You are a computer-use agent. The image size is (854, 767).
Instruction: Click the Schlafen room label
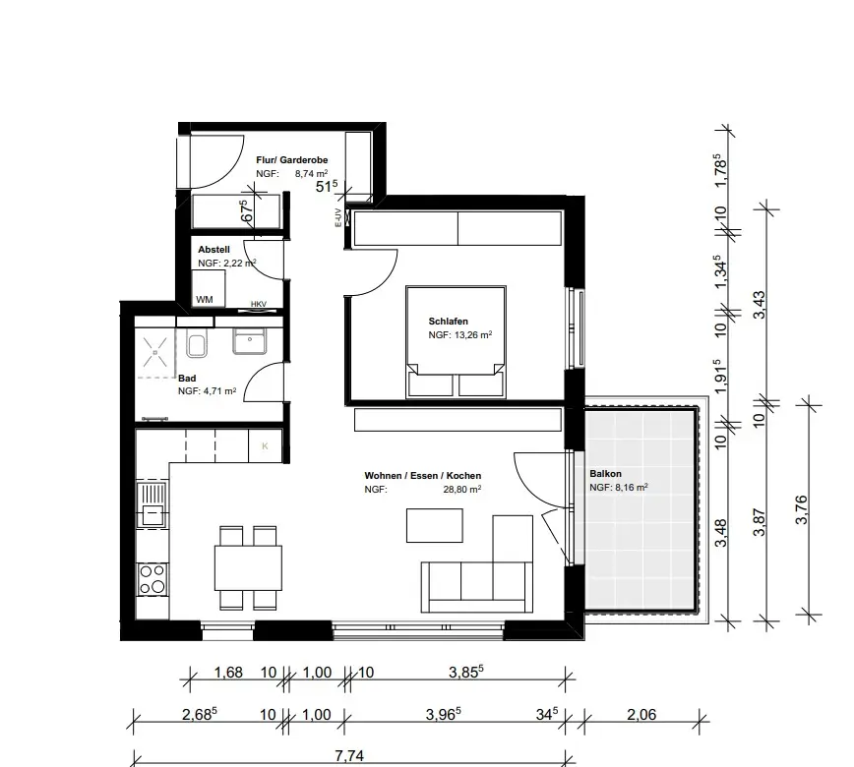(449, 322)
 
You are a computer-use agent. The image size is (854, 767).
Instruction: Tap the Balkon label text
(605, 474)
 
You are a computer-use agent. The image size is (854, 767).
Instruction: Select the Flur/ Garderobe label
(292, 160)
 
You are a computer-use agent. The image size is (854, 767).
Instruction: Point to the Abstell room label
(213, 250)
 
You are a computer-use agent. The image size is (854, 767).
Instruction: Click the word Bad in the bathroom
(187, 378)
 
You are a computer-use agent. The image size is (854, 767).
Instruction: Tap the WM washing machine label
(205, 299)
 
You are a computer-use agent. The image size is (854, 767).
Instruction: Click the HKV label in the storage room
(259, 304)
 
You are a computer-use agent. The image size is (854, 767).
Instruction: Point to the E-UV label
(338, 217)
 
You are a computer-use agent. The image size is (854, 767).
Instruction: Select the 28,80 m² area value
(461, 490)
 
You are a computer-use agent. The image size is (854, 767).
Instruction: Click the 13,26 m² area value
(473, 334)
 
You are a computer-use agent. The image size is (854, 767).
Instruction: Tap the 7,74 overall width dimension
(349, 756)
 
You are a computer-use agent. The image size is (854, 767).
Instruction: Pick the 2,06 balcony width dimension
(641, 714)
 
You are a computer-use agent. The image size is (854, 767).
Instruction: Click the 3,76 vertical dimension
(801, 509)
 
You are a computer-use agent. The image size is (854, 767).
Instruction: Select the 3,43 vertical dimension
(759, 305)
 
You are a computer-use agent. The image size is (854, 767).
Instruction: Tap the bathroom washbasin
(250, 340)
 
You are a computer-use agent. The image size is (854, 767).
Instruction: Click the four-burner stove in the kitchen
(152, 579)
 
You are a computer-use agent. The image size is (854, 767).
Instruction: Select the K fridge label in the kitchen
(266, 446)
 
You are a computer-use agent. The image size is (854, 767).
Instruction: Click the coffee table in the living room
(435, 525)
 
